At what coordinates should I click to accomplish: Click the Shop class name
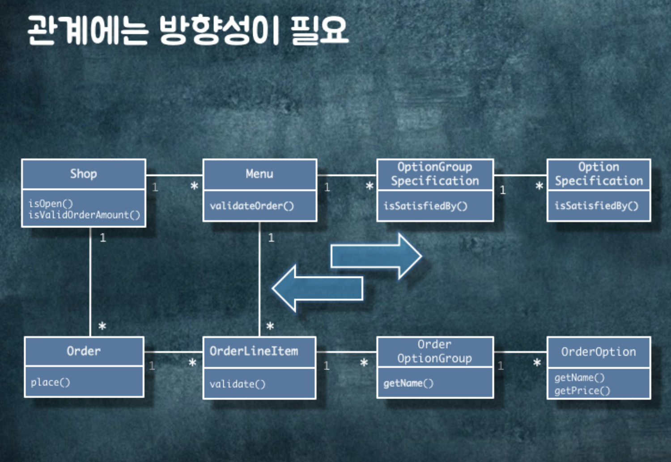(x=83, y=174)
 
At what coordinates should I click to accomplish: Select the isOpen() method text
(x=51, y=204)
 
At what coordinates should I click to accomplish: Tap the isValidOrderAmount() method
(x=84, y=215)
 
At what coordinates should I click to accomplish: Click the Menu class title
(x=259, y=174)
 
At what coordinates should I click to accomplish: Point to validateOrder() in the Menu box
(x=252, y=206)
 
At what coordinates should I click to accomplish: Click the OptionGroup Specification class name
(x=435, y=174)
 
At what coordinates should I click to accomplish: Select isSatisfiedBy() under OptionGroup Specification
(x=425, y=206)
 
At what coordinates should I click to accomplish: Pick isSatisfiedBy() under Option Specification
(x=596, y=206)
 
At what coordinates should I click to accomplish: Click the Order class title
(x=84, y=351)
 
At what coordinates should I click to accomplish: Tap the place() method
(x=51, y=382)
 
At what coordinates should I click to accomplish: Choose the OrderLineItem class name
(x=254, y=351)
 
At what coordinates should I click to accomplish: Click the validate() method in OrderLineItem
(x=238, y=384)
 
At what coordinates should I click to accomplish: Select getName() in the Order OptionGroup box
(x=408, y=383)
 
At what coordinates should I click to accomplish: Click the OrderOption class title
(x=599, y=352)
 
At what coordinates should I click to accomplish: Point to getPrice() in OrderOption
(x=582, y=391)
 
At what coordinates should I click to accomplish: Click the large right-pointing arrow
(x=376, y=256)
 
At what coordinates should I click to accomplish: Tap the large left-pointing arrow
(x=318, y=288)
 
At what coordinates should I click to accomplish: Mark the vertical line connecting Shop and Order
(x=90, y=281)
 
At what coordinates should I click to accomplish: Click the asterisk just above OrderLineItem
(x=270, y=326)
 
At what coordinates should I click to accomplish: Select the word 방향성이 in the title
(x=219, y=30)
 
